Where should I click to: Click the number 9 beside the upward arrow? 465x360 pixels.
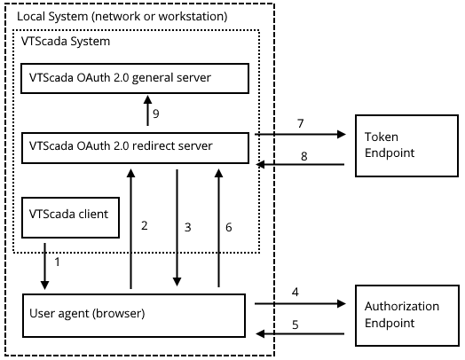tap(156, 113)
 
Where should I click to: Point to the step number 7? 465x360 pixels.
tap(301, 123)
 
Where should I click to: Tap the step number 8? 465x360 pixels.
tap(304, 156)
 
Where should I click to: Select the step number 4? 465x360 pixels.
tap(296, 292)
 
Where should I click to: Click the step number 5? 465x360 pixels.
tap(296, 325)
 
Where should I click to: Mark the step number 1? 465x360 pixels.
tap(57, 262)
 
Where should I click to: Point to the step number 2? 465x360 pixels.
tap(144, 225)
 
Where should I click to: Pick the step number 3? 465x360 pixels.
tap(188, 227)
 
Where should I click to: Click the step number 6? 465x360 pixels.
tap(229, 227)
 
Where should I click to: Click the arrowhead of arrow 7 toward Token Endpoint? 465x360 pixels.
tap(342, 134)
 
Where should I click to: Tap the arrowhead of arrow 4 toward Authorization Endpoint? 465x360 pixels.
tap(342, 304)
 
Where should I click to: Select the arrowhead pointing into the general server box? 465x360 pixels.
tap(147, 99)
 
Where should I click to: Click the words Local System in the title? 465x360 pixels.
tap(52, 16)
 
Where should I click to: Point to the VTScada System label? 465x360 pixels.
tap(66, 41)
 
